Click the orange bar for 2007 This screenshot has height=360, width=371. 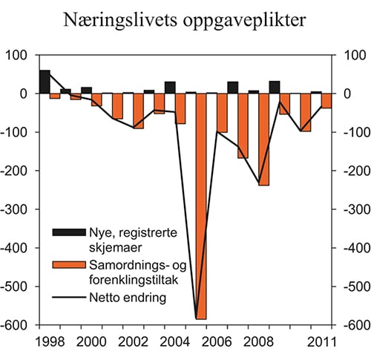[243, 125]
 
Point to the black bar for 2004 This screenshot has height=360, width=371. [170, 88]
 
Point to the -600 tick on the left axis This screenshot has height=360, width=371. [19, 324]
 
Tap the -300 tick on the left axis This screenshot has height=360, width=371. [19, 209]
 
